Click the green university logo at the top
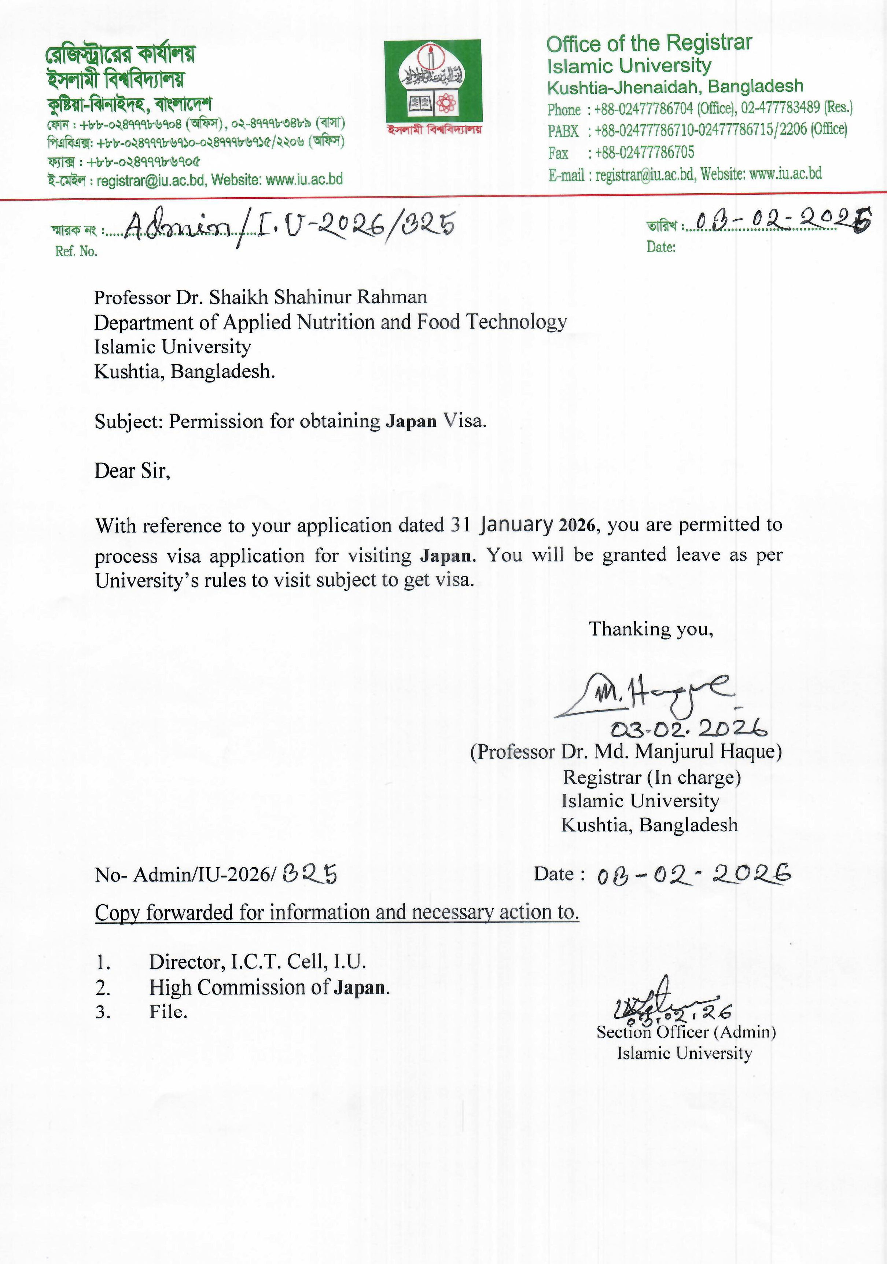click(433, 81)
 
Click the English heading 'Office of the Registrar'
click(649, 43)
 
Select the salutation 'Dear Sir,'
click(132, 471)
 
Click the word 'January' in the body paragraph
click(516, 525)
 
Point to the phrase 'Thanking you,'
click(651, 629)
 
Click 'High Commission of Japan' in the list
click(269, 987)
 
